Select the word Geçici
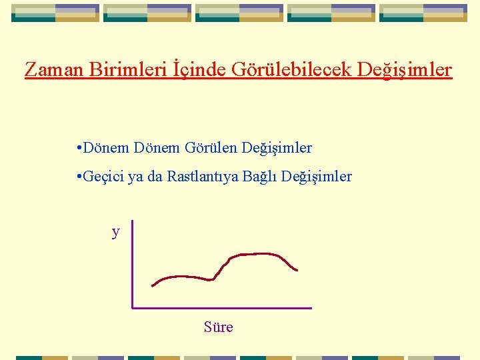[103, 177]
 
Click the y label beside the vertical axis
[116, 232]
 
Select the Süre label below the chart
[219, 327]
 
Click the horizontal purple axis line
[222, 308]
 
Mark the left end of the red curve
[153, 286]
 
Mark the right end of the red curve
[297, 270]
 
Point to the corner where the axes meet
[133, 308]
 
